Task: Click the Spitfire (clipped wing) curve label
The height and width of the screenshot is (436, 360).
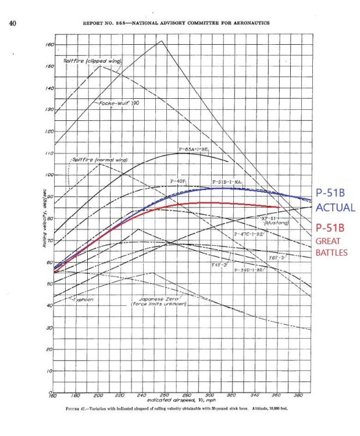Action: (x=91, y=60)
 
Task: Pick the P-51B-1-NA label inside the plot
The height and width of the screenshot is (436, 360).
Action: (x=227, y=182)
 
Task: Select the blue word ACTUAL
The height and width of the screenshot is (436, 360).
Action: (x=335, y=207)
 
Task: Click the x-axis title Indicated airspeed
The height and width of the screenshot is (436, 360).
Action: (x=165, y=401)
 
